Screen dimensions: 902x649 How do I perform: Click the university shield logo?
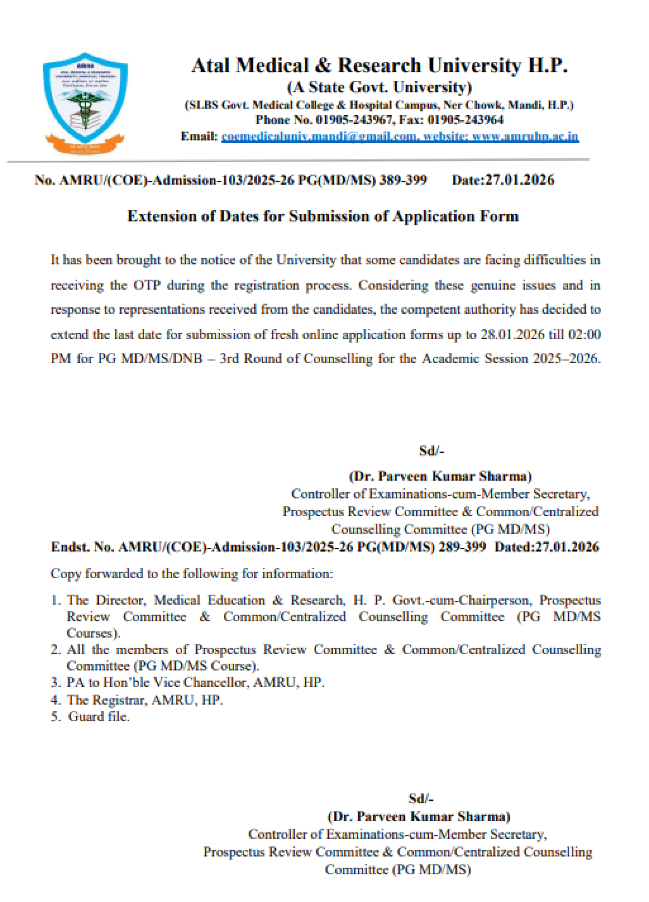[85, 103]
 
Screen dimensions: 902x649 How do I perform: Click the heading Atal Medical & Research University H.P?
[379, 66]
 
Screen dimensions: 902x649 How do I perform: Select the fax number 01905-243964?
[465, 120]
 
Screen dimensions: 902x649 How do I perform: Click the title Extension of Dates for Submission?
[323, 216]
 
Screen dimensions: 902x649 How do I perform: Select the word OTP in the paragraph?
[147, 285]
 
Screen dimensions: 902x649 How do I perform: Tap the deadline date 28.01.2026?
[512, 334]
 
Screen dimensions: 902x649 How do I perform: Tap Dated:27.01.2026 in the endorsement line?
[546, 547]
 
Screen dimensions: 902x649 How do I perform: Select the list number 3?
[55, 682]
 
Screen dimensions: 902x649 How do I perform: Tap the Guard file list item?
[99, 717]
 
